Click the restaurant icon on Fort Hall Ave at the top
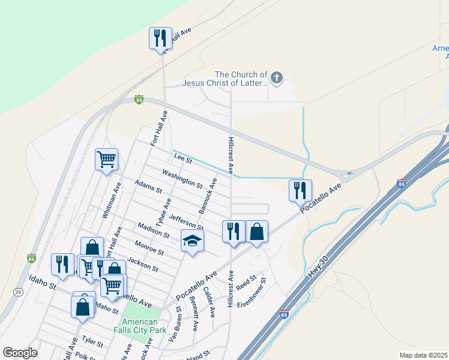click(160, 38)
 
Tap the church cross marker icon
click(277, 77)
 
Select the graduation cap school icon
click(193, 241)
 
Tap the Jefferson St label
click(186, 222)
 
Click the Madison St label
click(153, 229)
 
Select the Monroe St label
click(149, 246)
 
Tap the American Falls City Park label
click(140, 326)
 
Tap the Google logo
click(20, 353)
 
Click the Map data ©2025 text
click(423, 355)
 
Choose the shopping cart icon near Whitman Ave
click(106, 160)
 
